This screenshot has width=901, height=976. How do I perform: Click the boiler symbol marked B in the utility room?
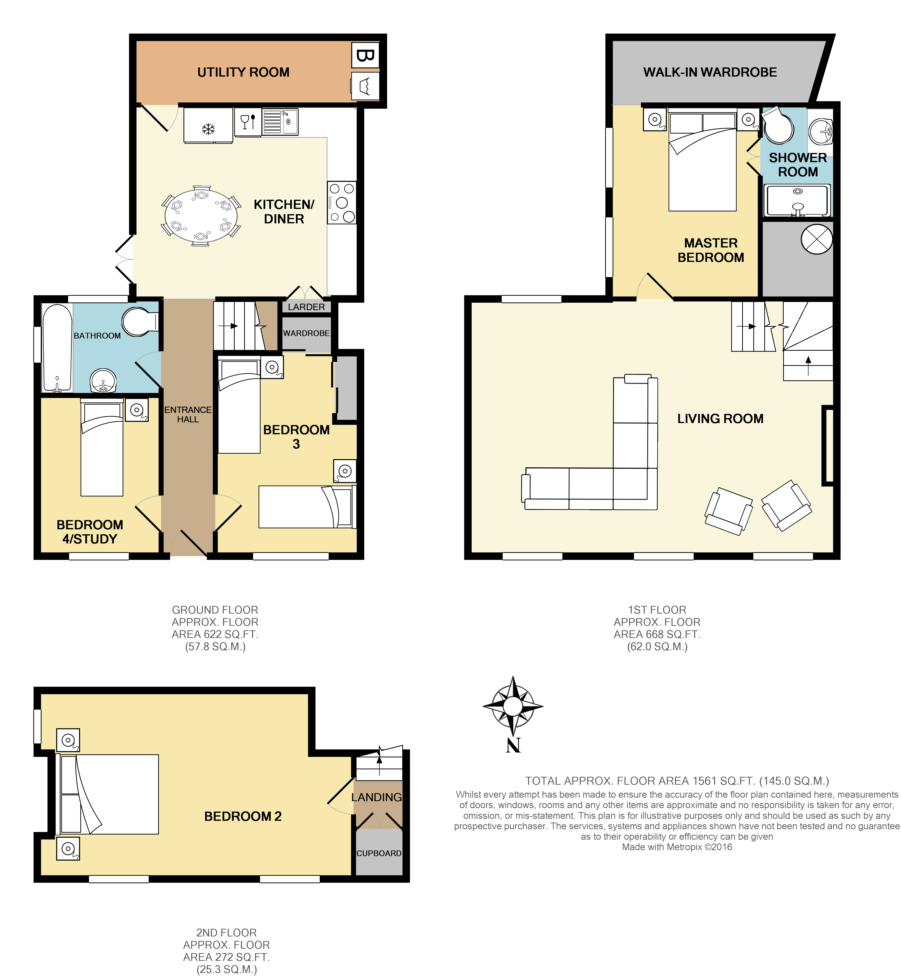click(365, 55)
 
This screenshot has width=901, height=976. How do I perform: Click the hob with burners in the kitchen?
click(341, 202)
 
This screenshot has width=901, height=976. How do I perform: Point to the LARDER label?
click(306, 307)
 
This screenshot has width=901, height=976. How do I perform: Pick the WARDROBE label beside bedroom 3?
click(306, 333)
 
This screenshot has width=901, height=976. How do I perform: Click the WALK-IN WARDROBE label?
click(710, 72)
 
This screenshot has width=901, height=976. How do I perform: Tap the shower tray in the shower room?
click(797, 200)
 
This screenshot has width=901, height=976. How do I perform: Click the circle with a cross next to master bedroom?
click(817, 239)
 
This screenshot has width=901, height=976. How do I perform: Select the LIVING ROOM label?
click(720, 419)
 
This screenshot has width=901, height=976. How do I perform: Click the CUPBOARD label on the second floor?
click(379, 853)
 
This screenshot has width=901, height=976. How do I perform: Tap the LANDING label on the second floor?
click(376, 797)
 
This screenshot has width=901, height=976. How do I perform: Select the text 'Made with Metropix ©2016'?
click(677, 847)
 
